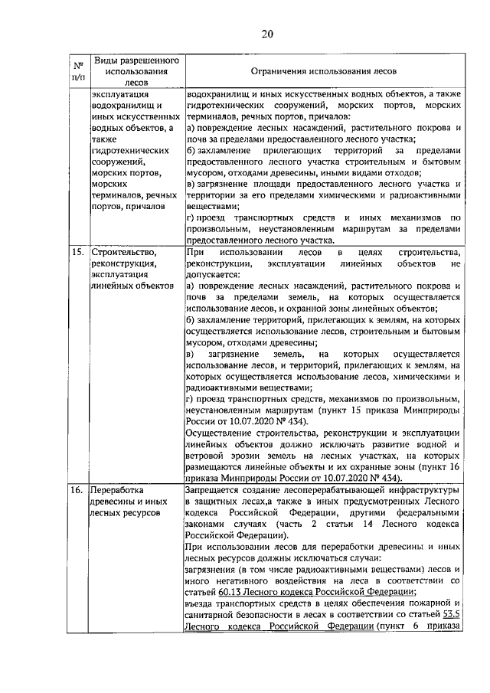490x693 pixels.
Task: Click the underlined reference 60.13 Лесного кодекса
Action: tap(260, 591)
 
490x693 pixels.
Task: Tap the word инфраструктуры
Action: tap(420, 488)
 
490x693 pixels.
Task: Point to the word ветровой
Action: tap(207, 455)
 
